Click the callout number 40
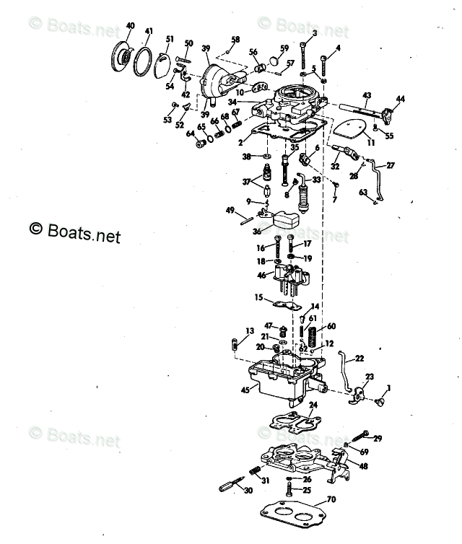[130, 26]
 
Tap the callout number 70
[331, 499]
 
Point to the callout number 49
[230, 210]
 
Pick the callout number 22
[359, 358]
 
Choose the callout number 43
[367, 95]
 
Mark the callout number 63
[364, 192]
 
